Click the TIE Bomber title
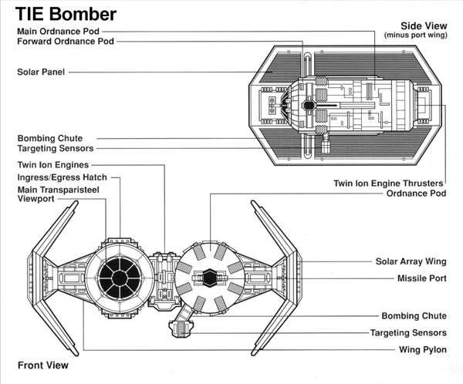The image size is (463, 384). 66,14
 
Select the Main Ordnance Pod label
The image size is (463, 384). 58,32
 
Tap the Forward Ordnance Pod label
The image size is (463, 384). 66,42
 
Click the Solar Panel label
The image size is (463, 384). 41,72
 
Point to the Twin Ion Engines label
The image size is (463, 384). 53,165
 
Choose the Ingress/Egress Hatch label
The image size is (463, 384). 62,177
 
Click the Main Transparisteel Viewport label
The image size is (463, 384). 58,194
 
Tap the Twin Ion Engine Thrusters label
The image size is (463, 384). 388,184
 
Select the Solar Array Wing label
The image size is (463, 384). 411,261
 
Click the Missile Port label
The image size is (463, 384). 421,278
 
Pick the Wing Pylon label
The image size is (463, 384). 423,350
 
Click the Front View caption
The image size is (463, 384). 43,365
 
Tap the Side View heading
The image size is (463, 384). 424,26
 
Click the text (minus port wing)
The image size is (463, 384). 416,35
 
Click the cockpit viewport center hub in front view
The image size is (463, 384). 120,278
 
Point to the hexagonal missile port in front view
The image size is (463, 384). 210,278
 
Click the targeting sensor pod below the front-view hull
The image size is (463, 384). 181,329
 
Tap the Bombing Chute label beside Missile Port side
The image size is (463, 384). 414,316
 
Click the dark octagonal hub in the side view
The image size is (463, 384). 309,106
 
